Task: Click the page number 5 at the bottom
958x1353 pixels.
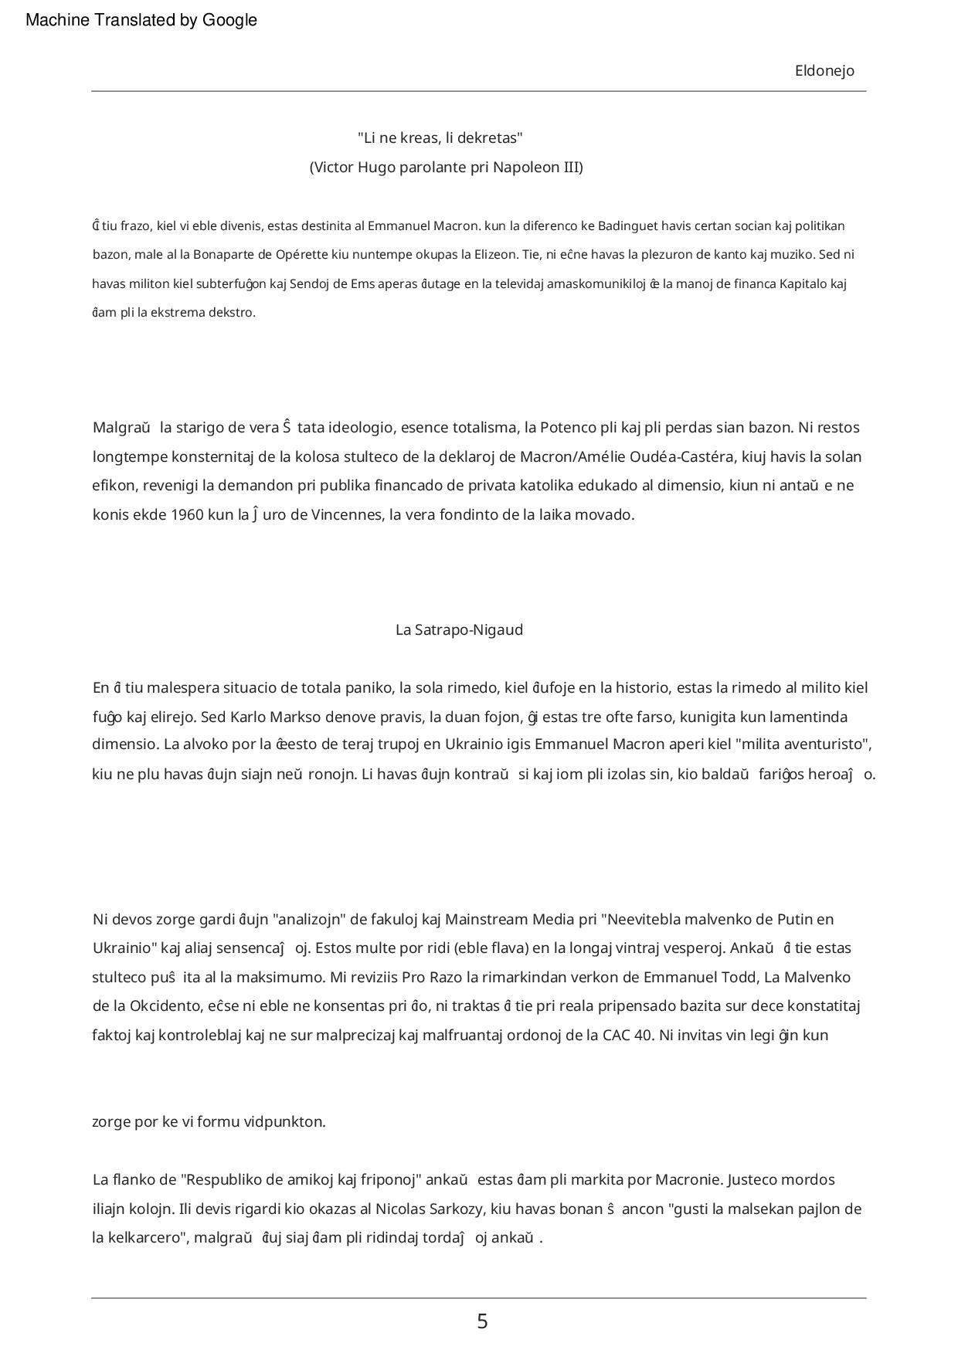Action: point(482,1321)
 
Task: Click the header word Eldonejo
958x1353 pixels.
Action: point(824,71)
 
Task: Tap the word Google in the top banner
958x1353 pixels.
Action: point(229,21)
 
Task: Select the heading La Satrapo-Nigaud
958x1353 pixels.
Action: point(459,629)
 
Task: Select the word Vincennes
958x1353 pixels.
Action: point(346,515)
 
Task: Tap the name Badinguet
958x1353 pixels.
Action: point(627,226)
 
